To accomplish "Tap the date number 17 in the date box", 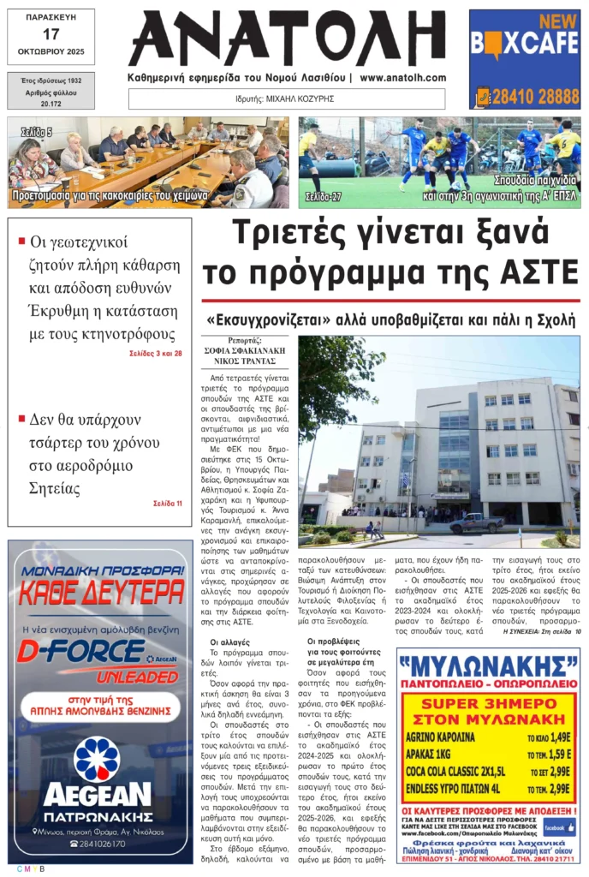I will (51, 34).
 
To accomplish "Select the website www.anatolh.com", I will (402, 78).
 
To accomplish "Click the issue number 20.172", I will (51, 104).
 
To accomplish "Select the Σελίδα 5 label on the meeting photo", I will (37, 133).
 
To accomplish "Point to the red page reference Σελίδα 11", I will (167, 503).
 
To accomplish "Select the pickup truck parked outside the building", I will (476, 522).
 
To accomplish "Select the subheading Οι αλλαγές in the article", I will (230, 641).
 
